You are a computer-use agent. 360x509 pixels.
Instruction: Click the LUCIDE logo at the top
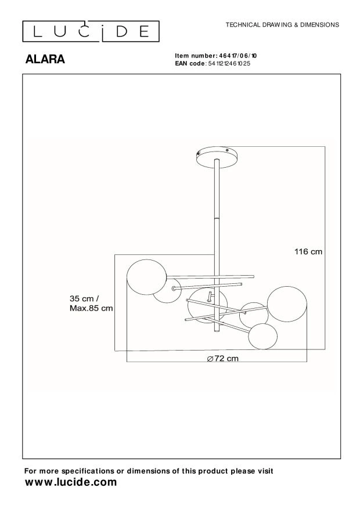pos(91,31)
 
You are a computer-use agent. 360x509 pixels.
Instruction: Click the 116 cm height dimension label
pos(307,252)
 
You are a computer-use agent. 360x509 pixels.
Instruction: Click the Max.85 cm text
pos(91,308)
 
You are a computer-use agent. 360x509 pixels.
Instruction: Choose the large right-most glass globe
pos(288,304)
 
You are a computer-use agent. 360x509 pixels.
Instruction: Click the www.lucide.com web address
pos(71,482)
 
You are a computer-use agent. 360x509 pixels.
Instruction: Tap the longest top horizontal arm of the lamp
pos(210,276)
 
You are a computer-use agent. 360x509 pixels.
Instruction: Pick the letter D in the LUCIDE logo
pos(127,31)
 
